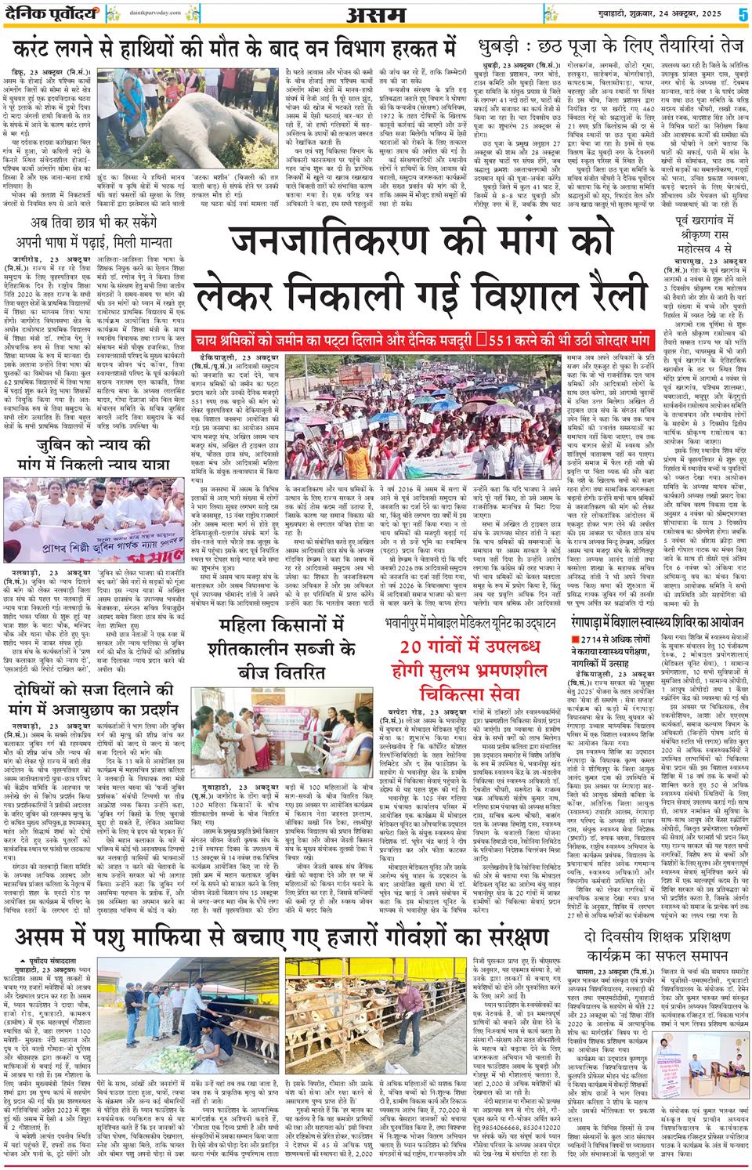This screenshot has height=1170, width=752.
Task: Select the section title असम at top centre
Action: click(x=376, y=14)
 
